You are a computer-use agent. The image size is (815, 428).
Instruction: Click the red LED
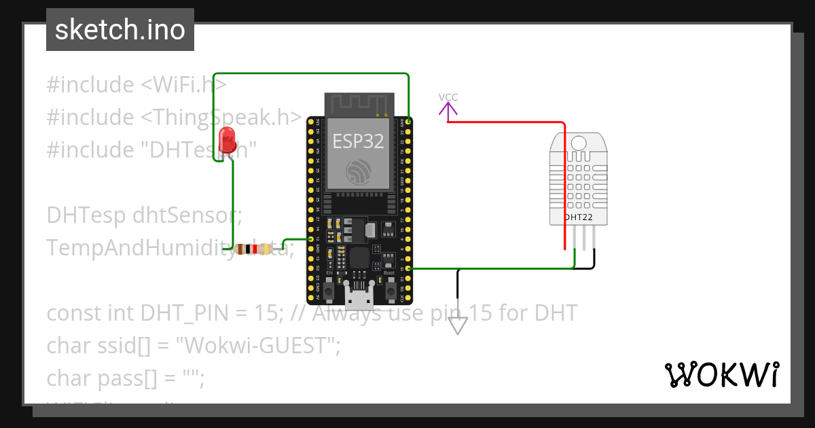click(x=228, y=139)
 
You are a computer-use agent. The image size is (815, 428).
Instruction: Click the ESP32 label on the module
click(x=358, y=141)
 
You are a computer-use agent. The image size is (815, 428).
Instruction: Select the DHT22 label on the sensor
click(x=578, y=217)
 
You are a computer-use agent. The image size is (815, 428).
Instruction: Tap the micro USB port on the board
click(x=359, y=296)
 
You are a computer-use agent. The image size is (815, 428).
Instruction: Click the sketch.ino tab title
click(x=120, y=30)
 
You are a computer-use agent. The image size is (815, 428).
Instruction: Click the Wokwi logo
click(x=721, y=374)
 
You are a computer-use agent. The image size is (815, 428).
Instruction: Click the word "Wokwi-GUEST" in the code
click(x=258, y=345)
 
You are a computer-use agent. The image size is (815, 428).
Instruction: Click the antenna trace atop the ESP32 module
click(x=359, y=103)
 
